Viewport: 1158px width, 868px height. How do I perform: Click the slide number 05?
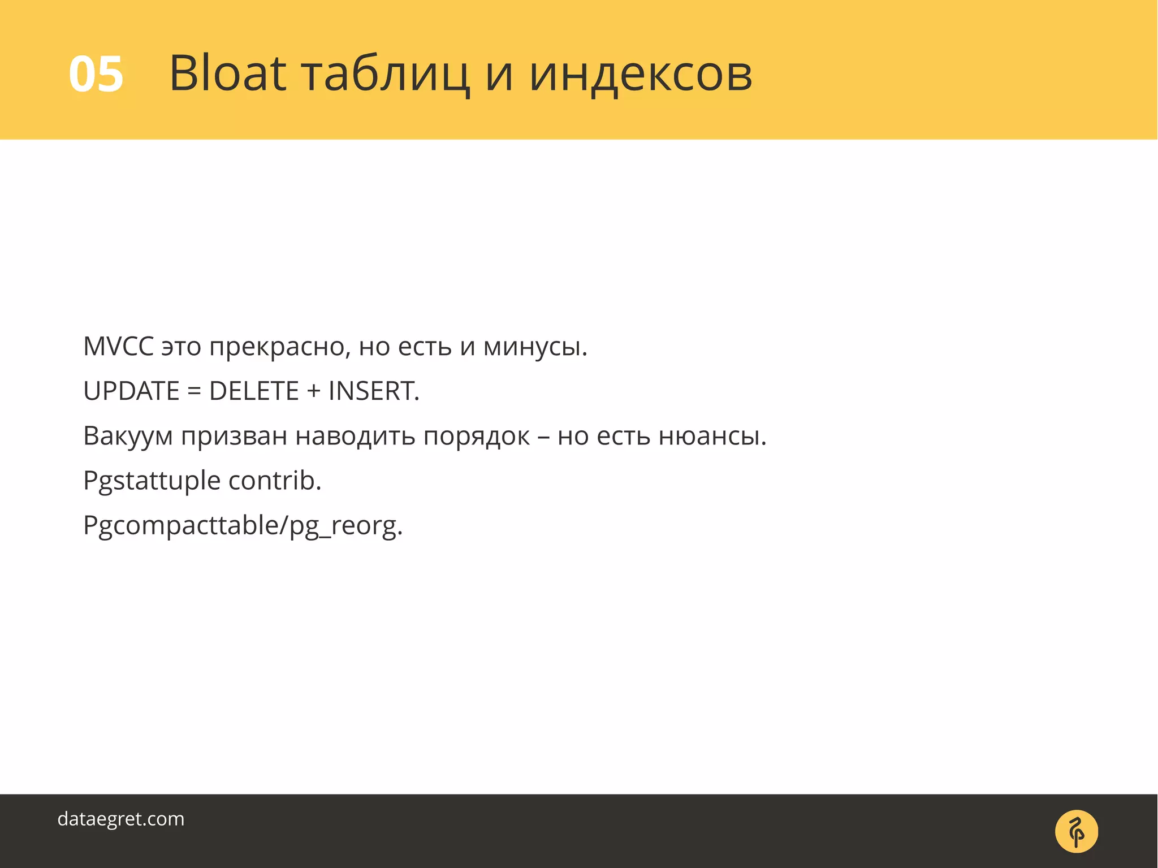[96, 74]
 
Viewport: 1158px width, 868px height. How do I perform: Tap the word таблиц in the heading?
[385, 74]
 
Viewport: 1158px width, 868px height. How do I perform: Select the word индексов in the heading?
[640, 74]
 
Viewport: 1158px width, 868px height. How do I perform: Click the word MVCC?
[118, 346]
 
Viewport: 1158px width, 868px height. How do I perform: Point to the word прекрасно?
[279, 347]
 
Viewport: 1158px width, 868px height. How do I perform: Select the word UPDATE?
[131, 391]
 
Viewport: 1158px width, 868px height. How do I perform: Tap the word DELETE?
[254, 391]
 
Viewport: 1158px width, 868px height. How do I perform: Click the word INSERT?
[373, 391]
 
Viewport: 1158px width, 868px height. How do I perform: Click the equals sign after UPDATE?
[194, 391]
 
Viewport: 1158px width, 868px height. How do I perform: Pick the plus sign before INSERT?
[314, 391]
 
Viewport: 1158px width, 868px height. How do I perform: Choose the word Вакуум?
[128, 436]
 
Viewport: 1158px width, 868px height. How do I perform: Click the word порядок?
[477, 436]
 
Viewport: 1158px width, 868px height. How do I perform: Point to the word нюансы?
[712, 436]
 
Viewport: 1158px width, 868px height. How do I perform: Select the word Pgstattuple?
[152, 481]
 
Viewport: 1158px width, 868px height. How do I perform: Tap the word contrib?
[275, 481]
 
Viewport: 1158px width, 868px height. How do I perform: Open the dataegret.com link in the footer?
[121, 818]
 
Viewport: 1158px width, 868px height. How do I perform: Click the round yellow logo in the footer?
[1076, 831]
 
